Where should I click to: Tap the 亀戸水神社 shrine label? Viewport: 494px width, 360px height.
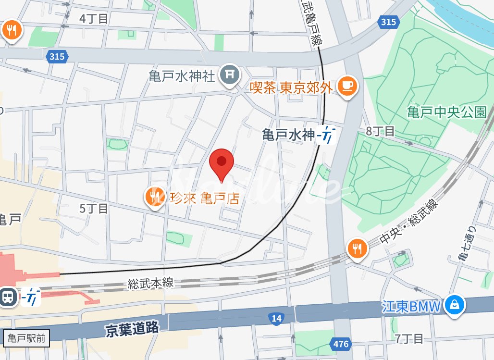[182, 76]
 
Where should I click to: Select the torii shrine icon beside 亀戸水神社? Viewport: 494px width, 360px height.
[230, 75]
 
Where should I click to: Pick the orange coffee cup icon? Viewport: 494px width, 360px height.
[347, 87]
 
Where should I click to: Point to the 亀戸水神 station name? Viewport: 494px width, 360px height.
[288, 135]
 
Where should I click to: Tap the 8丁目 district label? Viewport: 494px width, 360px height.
[380, 131]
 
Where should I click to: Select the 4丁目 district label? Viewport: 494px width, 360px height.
[94, 19]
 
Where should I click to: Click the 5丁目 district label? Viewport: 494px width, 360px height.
[94, 208]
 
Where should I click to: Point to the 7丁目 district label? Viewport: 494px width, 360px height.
[409, 338]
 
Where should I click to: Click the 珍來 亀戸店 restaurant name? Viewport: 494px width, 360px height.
[204, 198]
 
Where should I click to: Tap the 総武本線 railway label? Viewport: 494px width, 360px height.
[150, 283]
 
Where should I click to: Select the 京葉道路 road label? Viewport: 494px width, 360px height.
[132, 329]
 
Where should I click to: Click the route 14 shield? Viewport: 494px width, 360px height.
[276, 318]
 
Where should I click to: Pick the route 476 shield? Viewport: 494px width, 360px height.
[340, 344]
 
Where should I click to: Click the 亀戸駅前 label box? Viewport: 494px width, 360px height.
[26, 338]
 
